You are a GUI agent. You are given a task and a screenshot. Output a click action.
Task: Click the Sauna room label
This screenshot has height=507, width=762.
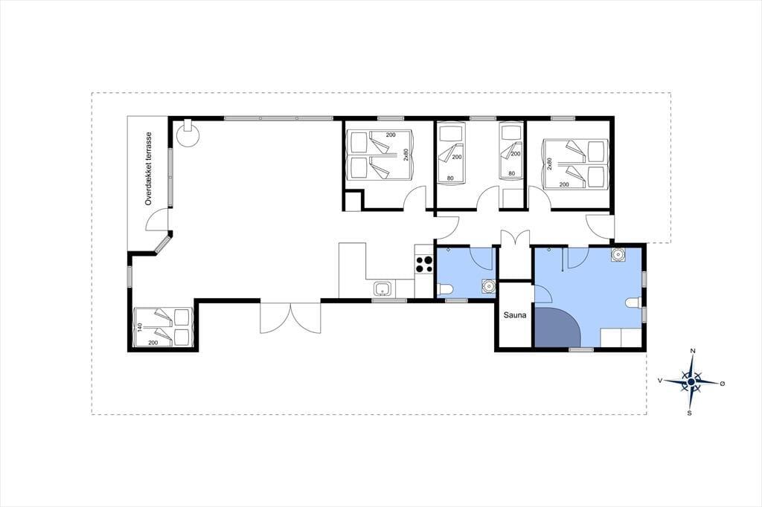[515, 315]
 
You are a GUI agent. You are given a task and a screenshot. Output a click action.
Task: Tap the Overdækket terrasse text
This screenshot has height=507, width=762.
[149, 169]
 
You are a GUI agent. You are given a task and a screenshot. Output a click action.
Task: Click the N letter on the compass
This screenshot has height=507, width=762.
[694, 351]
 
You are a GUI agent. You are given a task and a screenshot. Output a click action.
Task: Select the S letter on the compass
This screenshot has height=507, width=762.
[689, 413]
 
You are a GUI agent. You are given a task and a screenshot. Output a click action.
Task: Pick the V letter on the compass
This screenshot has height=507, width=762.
[660, 381]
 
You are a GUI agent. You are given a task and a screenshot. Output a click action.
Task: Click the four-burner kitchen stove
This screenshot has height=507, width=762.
[423, 264]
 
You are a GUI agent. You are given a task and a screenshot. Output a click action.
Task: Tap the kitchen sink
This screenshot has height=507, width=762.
[383, 289]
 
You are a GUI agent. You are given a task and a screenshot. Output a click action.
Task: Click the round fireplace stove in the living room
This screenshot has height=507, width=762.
[187, 134]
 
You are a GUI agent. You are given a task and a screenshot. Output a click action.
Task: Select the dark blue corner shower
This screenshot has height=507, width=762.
[557, 326]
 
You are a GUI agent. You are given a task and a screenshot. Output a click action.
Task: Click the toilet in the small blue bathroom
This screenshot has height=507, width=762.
[445, 290]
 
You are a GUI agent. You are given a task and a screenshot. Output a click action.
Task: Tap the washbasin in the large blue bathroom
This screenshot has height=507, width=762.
[618, 254]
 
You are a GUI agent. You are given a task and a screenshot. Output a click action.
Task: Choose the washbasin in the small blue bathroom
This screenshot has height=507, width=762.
[488, 286]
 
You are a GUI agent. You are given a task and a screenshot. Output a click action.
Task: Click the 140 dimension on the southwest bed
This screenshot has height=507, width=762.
[139, 328]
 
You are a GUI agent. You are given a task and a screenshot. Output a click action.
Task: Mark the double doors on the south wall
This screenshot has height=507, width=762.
[291, 318]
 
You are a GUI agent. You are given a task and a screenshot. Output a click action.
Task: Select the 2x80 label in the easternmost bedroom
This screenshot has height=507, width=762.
[550, 164]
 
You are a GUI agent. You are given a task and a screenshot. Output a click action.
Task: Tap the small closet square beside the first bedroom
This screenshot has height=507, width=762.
[353, 201]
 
